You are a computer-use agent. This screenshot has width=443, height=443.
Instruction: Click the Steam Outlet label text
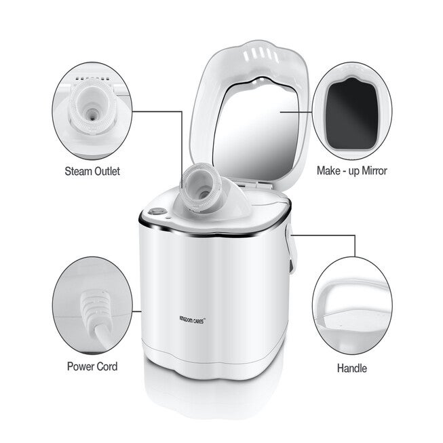[x=94, y=172]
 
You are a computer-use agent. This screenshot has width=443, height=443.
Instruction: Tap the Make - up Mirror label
[x=351, y=170]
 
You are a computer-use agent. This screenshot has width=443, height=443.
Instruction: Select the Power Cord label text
[x=92, y=366]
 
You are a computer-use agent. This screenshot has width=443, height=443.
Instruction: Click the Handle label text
[x=351, y=368]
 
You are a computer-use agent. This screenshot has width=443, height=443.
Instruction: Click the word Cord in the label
[x=105, y=366]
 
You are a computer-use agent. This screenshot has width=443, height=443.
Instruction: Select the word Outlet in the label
[x=107, y=172]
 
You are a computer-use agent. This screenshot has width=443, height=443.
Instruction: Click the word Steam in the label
[x=80, y=172]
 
